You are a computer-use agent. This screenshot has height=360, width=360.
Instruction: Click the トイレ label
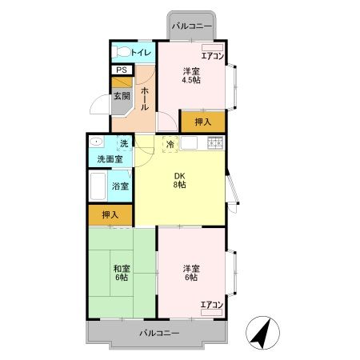140,53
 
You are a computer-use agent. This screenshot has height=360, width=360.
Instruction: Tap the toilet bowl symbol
121,53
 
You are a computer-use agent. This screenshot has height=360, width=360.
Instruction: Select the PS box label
121,70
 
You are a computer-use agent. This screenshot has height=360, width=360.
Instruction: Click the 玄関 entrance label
121,96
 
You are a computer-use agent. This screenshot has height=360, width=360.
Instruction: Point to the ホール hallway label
145,98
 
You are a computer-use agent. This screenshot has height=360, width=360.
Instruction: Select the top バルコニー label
192,26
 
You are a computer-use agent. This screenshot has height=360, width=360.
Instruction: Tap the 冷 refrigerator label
170,145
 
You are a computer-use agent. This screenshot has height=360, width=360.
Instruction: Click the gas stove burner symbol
215,144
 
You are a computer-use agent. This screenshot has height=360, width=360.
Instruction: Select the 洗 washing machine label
124,144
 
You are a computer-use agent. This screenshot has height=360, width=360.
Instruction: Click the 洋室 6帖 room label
191,273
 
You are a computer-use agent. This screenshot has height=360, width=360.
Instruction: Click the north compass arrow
261,332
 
